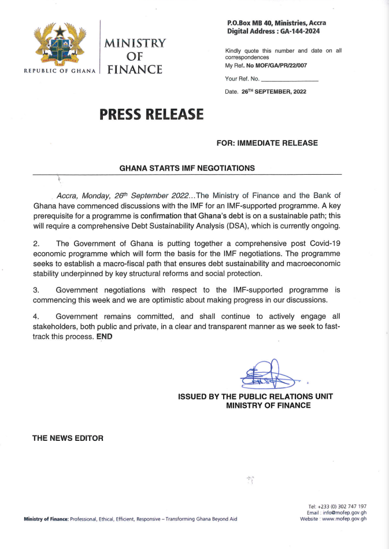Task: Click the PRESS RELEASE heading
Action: click(151, 115)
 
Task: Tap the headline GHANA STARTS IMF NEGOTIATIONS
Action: click(187, 168)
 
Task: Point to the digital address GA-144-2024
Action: click(302, 31)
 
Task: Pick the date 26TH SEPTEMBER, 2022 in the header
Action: click(274, 91)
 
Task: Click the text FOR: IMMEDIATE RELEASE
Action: click(266, 143)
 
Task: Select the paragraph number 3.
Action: click(35, 289)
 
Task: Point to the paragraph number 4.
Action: click(35, 316)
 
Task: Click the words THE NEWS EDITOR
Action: click(68, 438)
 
